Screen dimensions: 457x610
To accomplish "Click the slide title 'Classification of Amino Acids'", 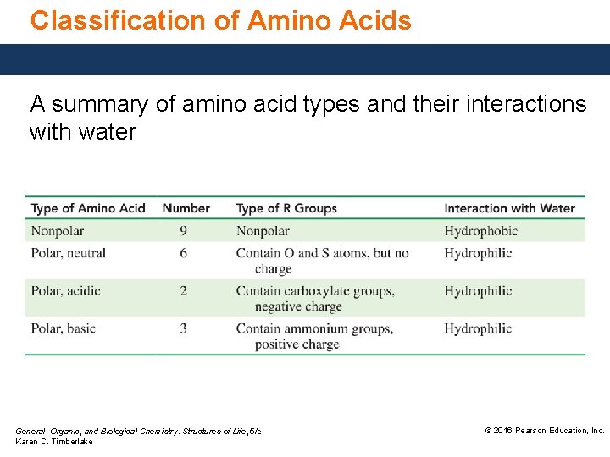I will [220, 20].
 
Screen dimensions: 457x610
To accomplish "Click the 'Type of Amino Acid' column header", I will [88, 208].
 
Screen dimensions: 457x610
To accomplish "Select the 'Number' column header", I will [186, 208].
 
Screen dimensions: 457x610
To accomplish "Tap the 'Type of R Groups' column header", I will [286, 208].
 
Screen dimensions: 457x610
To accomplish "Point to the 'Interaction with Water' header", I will [509, 208].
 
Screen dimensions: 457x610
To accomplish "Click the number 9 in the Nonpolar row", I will [184, 231].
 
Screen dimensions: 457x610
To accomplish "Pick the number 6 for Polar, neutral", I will [184, 253].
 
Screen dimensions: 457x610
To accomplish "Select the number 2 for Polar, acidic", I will [184, 291].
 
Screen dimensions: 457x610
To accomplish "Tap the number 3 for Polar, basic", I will [184, 328].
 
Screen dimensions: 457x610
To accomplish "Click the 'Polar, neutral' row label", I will [69, 253].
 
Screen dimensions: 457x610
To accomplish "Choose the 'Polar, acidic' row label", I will [66, 291].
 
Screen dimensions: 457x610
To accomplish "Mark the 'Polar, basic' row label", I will [64, 328].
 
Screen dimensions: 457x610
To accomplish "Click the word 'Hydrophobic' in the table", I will [480, 231].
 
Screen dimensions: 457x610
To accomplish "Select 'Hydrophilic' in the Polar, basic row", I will [478, 328].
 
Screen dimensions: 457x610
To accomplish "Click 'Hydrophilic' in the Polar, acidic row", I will [478, 291].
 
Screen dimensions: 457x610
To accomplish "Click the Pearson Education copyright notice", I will [544, 431].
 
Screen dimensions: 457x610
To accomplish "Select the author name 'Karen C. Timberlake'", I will [54, 442].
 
